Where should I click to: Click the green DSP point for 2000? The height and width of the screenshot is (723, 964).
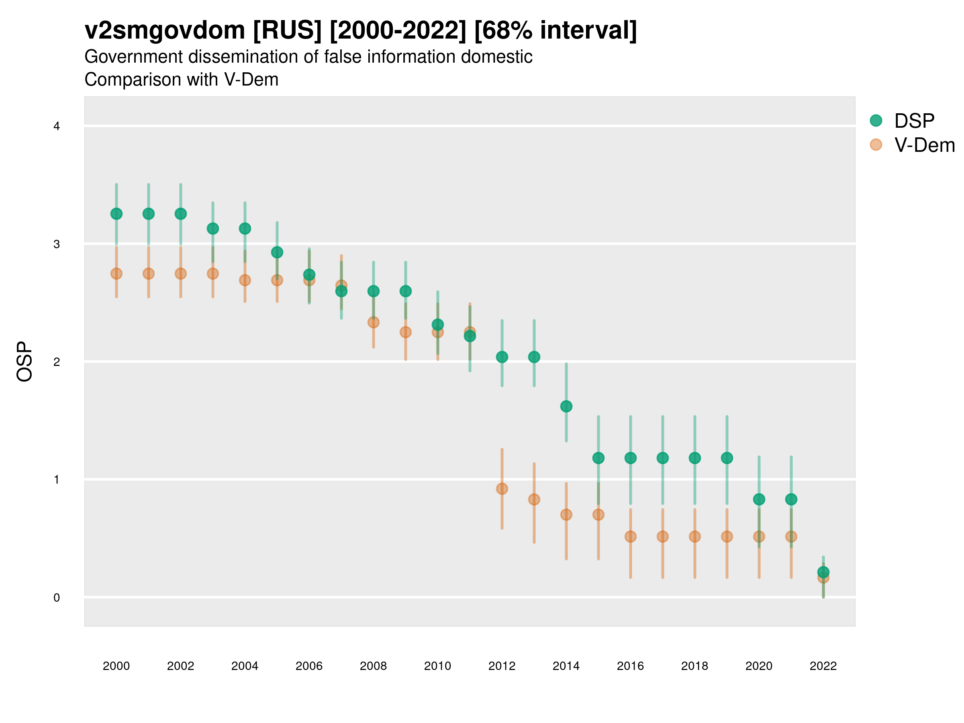click(x=116, y=214)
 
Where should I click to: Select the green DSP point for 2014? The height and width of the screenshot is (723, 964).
click(x=566, y=406)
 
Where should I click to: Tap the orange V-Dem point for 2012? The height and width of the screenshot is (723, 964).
click(x=502, y=488)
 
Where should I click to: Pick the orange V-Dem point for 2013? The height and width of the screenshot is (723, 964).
click(x=534, y=499)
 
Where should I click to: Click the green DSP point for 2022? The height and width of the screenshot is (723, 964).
click(x=823, y=572)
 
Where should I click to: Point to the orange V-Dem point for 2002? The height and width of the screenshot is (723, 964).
click(x=180, y=274)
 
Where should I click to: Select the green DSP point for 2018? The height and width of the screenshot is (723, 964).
click(x=694, y=458)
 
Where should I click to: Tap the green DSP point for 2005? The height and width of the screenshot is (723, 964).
click(x=277, y=252)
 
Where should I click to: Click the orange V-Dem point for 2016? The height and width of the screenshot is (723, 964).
click(x=631, y=537)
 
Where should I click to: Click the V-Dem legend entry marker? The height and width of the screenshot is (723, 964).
click(x=876, y=145)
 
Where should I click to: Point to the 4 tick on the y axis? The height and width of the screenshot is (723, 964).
click(x=57, y=127)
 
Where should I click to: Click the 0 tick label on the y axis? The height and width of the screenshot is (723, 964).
click(x=57, y=598)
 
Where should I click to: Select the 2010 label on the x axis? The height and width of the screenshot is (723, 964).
click(x=437, y=666)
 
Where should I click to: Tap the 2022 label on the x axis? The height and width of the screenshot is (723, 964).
click(x=823, y=666)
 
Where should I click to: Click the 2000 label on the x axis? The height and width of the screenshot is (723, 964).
click(x=116, y=666)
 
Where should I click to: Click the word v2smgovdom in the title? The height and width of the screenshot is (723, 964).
click(x=165, y=31)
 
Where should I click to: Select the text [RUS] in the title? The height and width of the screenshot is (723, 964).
click(x=287, y=31)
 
